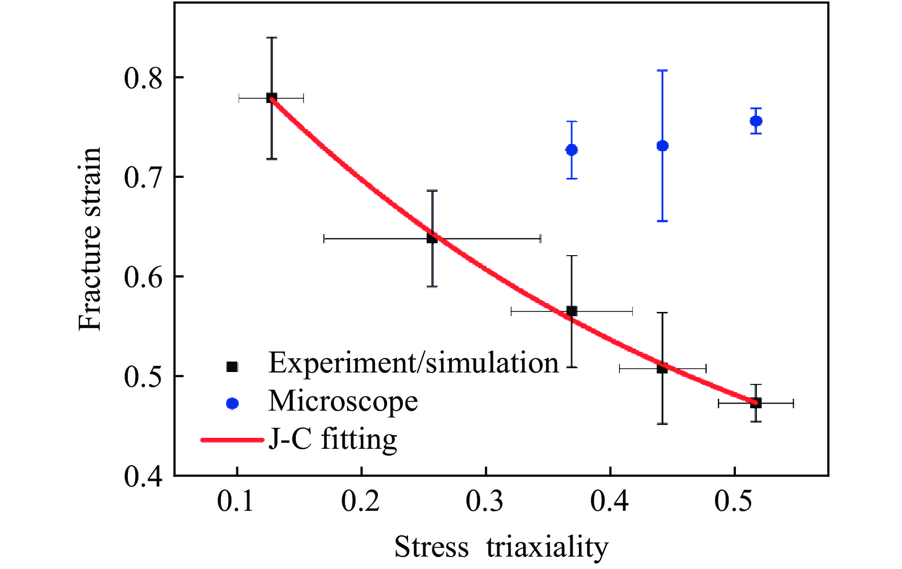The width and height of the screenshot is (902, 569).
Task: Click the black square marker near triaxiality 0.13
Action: coord(272,98)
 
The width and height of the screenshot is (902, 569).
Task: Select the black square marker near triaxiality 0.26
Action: coord(432,238)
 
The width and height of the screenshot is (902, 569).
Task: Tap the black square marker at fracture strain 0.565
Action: coord(572,311)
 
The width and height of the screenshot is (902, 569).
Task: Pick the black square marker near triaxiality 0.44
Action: coord(662,368)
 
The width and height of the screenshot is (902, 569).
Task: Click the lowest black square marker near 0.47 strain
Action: coord(756,403)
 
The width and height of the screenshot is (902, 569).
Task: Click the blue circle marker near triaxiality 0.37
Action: coord(572,150)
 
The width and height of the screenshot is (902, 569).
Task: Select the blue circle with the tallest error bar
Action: coord(662,145)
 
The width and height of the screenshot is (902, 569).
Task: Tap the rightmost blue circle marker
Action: coord(756,121)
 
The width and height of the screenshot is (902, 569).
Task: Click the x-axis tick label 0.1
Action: coord(236,502)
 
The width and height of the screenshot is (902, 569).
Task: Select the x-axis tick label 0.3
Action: coord(485,502)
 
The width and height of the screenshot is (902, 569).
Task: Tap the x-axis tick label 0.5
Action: coord(734,502)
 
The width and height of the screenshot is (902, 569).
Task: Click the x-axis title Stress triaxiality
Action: coord(501,547)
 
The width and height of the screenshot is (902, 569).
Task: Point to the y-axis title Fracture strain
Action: coord(90,238)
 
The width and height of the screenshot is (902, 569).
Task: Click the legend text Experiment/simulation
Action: coord(413,363)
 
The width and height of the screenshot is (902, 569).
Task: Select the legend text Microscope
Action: coord(343,401)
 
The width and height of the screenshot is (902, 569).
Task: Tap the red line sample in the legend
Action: coord(232,440)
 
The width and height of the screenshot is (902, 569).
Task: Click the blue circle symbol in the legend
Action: coord(232,403)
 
